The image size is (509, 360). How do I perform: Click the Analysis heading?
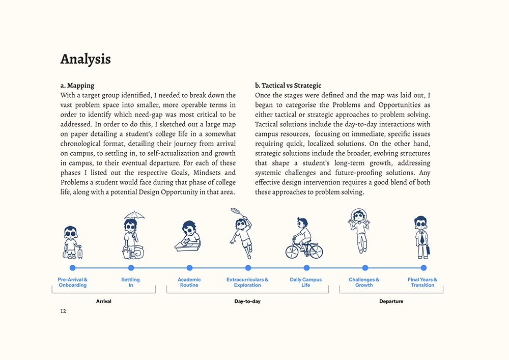click(x=86, y=59)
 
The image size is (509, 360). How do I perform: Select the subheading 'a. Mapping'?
click(x=77, y=86)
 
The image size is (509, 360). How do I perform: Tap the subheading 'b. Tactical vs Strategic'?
click(x=288, y=86)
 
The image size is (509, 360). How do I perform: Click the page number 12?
click(x=63, y=311)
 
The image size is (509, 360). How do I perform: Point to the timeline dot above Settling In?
click(x=131, y=268)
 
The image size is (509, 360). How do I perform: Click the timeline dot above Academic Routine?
click(x=189, y=268)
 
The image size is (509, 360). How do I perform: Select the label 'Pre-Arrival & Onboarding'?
click(x=72, y=283)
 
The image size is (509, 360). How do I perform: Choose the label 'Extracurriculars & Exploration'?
click(x=247, y=283)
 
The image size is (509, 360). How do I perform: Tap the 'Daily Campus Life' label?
click(x=305, y=283)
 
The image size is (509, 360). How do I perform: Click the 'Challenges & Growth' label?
click(x=364, y=283)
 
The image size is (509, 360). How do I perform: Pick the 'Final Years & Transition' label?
click(x=422, y=283)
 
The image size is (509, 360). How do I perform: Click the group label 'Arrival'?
click(x=103, y=301)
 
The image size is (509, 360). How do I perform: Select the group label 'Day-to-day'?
click(x=247, y=301)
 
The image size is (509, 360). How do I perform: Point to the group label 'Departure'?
click(x=391, y=301)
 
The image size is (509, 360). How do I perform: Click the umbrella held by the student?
click(x=134, y=214)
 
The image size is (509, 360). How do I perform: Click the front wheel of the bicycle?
click(x=317, y=252)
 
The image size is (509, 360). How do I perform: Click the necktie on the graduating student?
click(x=422, y=238)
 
